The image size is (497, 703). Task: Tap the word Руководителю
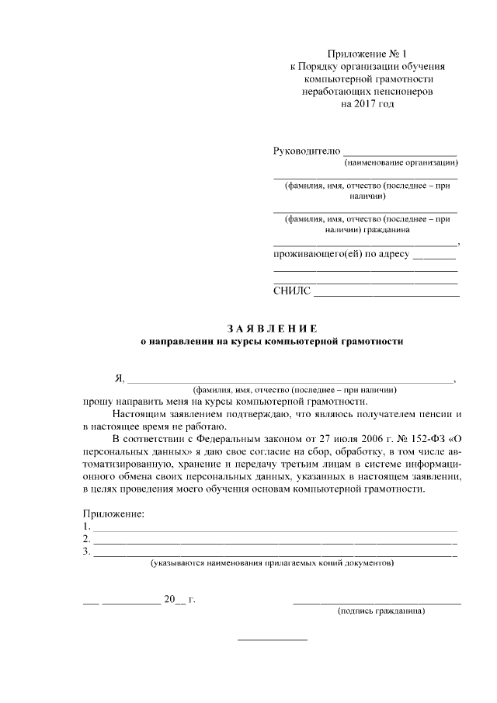[x=307, y=150]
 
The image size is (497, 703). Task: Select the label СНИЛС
[x=292, y=291]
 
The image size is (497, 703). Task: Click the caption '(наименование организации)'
[x=401, y=163]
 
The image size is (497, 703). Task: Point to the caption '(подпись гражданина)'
[x=381, y=611]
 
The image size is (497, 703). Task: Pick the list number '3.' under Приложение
[x=86, y=552]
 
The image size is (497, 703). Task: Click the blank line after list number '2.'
[x=275, y=542]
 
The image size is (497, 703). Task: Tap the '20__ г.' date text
[x=179, y=599]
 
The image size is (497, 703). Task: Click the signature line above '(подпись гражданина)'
[x=377, y=603]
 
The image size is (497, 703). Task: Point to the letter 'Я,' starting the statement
[x=120, y=378]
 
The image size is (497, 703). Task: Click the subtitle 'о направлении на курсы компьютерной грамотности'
[x=272, y=341]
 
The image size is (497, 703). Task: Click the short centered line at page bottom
[x=272, y=639]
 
